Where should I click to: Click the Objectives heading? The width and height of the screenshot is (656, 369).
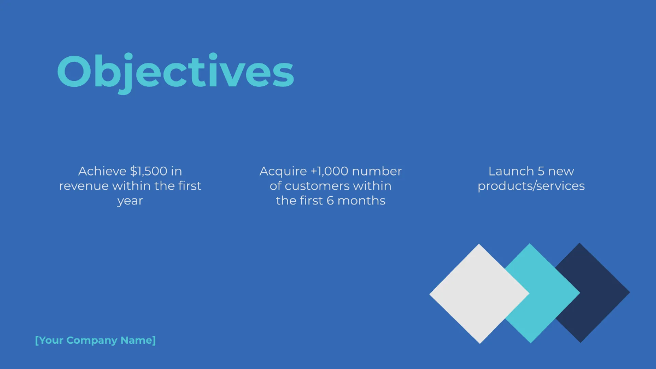pyautogui.click(x=175, y=72)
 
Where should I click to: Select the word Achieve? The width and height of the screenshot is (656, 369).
pyautogui.click(x=102, y=171)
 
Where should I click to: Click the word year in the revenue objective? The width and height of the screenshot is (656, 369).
pyautogui.click(x=130, y=201)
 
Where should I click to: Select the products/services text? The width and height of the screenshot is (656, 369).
pyautogui.click(x=531, y=186)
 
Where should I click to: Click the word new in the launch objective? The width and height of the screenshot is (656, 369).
pyautogui.click(x=561, y=171)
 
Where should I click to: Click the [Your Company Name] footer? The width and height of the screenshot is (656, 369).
pyautogui.click(x=95, y=341)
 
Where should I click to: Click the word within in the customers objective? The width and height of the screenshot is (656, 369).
pyautogui.click(x=372, y=186)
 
